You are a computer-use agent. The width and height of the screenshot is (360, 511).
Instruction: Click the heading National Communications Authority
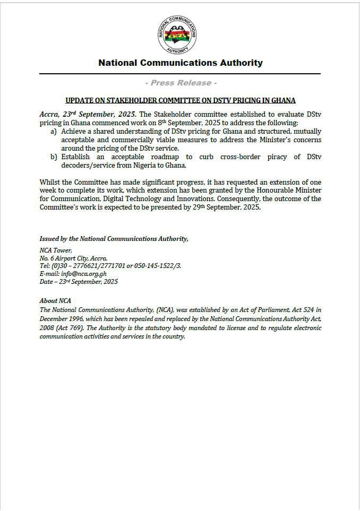[x=180, y=63]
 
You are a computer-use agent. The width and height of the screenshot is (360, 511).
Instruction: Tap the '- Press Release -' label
[x=180, y=83]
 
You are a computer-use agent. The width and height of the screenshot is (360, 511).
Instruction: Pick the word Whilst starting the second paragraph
[x=50, y=182]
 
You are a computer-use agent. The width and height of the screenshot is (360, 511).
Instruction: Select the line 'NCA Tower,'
[x=56, y=250]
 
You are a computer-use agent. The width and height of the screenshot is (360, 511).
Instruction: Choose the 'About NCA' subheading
[x=55, y=301]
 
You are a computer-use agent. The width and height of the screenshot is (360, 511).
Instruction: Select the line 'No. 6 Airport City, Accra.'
[x=73, y=258]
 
